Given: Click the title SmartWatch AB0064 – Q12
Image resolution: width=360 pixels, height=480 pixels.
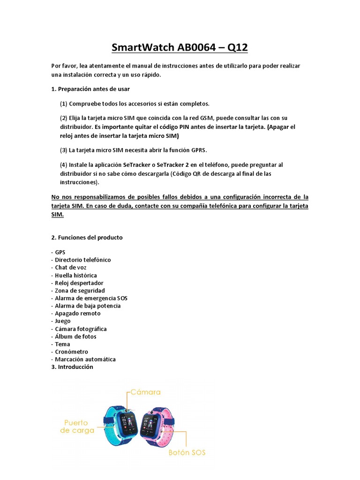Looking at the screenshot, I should (x=180, y=47).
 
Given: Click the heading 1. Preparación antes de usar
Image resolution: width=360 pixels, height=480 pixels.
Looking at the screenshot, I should (x=90, y=89).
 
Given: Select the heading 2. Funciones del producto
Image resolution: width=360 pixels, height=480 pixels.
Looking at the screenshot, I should (x=87, y=237).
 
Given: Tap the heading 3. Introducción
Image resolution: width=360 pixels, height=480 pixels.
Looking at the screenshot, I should (x=72, y=367).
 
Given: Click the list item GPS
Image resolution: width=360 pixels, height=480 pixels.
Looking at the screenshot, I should (x=60, y=252).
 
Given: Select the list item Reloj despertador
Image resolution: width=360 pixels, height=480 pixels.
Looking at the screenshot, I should (x=79, y=283).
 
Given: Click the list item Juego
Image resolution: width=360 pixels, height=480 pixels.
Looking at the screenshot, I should (x=62, y=321).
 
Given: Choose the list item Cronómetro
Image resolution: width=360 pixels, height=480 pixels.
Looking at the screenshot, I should (x=71, y=352).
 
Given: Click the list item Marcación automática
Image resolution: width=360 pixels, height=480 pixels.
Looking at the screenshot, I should (x=85, y=360).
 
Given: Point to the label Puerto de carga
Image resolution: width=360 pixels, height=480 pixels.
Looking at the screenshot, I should (x=77, y=427).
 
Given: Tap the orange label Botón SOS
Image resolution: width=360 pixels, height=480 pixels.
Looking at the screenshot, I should (x=187, y=453).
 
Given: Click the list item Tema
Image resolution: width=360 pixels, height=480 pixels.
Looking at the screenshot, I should (x=62, y=344).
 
